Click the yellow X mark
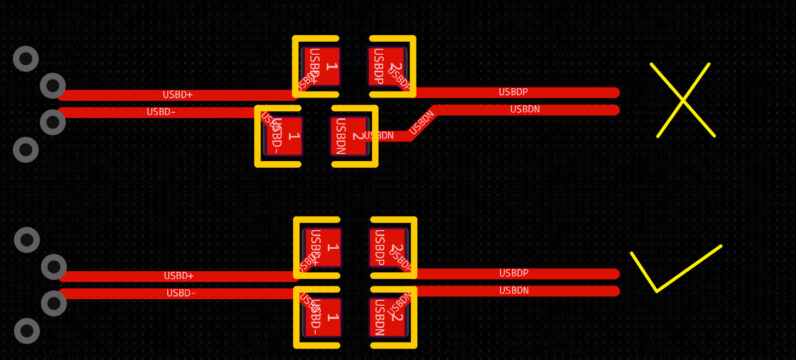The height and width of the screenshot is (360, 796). click(x=683, y=100)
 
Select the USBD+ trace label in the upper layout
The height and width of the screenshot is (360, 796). click(x=178, y=95)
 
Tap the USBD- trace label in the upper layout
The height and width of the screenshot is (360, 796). click(x=161, y=112)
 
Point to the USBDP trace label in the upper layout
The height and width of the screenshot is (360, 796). click(x=513, y=92)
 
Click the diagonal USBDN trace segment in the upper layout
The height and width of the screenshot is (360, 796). click(x=422, y=123)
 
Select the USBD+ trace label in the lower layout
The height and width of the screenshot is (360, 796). click(x=179, y=276)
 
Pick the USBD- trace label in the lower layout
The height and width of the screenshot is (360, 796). click(x=181, y=293)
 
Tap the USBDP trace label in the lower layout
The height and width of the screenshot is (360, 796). click(x=514, y=273)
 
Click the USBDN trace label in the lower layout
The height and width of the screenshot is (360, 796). click(x=514, y=291)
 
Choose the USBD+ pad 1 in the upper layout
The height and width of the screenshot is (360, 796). click(x=322, y=66)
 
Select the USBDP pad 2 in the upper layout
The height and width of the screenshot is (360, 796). click(x=386, y=66)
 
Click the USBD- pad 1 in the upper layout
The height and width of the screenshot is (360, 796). click(x=284, y=136)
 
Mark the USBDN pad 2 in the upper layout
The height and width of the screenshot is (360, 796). click(x=349, y=136)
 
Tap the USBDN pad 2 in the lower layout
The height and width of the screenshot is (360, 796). click(x=388, y=317)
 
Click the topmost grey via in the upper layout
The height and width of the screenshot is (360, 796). click(x=26, y=59)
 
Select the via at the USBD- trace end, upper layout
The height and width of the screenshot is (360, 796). click(x=53, y=122)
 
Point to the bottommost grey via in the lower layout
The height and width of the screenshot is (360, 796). click(x=27, y=331)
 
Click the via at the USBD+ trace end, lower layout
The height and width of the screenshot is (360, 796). click(x=54, y=267)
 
